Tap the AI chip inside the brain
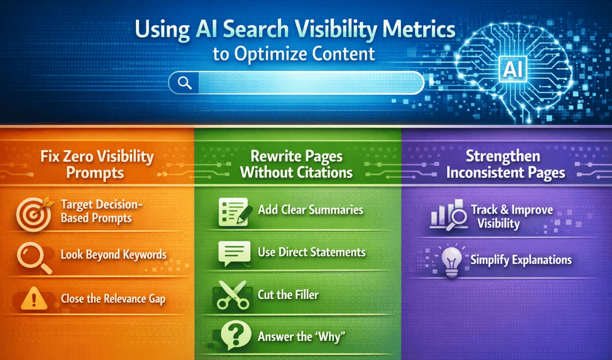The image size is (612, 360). [512, 70]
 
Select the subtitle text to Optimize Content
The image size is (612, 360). [294, 54]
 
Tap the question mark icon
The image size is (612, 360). [232, 337]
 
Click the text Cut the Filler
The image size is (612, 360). [288, 295]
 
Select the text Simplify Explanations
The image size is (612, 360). [521, 260]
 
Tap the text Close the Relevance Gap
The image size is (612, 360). [113, 299]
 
